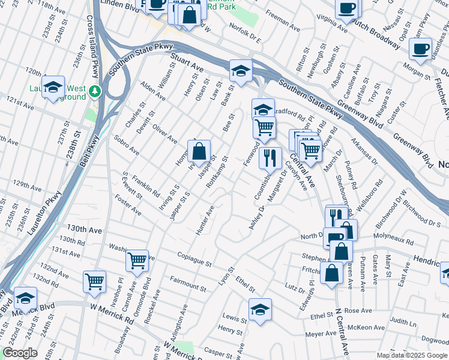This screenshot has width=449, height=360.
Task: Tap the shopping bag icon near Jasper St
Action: click(x=200, y=152)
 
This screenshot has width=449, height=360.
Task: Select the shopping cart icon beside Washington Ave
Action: click(x=137, y=261)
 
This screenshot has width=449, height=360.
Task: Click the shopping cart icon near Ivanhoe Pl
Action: click(x=95, y=281)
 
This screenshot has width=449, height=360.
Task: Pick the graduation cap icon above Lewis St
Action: click(x=260, y=310)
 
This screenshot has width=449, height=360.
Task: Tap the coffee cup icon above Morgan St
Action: click(x=420, y=49)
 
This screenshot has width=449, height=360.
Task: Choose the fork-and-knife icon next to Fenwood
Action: click(x=270, y=158)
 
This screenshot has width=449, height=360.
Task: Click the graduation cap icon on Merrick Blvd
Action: click(x=26, y=298)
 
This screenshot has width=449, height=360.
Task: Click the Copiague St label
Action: click(x=195, y=260)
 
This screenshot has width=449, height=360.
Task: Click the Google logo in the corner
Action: click(x=20, y=353)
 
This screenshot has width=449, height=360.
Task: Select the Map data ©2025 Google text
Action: click(x=412, y=355)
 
